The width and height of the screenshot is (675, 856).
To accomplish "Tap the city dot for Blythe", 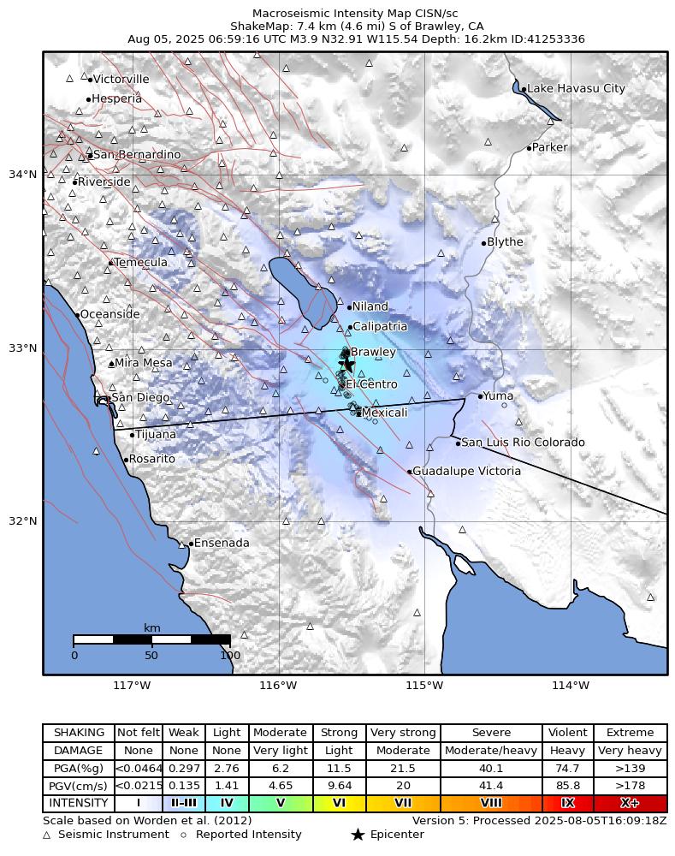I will tap(483, 243).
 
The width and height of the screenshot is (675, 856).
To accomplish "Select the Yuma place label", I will tap(498, 396).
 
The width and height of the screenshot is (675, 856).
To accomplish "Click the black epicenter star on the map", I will tap(346, 364).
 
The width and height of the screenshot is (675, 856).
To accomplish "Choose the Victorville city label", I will tap(121, 80).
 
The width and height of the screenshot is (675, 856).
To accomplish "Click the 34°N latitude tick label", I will tap(22, 175).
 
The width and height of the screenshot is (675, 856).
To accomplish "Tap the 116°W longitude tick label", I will tap(278, 685).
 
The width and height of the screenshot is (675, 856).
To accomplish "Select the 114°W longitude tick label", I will tap(571, 685).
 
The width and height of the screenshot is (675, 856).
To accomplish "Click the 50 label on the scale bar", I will tap(151, 656).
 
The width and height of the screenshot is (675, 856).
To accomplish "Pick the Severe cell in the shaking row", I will tap(491, 733).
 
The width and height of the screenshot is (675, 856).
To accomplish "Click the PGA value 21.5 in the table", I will tap(402, 769).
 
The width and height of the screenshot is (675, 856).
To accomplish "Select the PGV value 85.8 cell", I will tap(567, 786).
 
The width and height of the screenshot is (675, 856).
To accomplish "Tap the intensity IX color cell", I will tap(567, 803).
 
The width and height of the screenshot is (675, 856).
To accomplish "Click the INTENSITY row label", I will tap(78, 803).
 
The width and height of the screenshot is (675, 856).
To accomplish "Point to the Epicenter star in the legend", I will tap(358, 835).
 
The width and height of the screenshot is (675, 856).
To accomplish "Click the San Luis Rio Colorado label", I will tap(524, 443).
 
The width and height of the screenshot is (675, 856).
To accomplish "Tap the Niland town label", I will tap(370, 306).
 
